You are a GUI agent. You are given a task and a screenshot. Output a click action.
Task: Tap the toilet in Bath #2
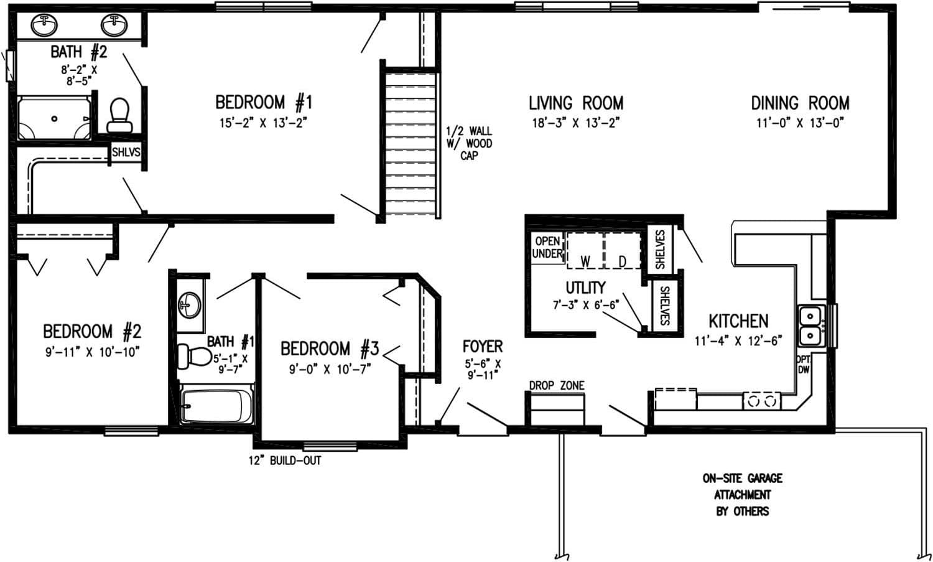click(x=119, y=115)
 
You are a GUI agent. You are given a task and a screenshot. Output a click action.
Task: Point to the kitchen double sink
click(x=810, y=326)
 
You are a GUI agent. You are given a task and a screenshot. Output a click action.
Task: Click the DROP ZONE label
click(x=557, y=386)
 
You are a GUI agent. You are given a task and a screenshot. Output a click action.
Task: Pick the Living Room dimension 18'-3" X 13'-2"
click(x=576, y=123)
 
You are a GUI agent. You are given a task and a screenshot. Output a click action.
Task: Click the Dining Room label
click(x=800, y=103)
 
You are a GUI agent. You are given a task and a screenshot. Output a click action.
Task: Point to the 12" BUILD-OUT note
click(x=285, y=461)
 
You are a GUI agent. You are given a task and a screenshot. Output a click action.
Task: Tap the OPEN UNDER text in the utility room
click(x=547, y=248)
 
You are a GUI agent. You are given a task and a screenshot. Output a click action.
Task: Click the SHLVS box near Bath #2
click(x=126, y=152)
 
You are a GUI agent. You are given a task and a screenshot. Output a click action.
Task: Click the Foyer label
click(x=482, y=347)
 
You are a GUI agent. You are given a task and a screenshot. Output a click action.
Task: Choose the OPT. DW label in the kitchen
click(x=802, y=365)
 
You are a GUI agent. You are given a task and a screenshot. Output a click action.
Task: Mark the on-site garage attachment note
click(x=742, y=494)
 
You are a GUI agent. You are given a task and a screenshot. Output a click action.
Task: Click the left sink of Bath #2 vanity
click(x=45, y=26)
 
